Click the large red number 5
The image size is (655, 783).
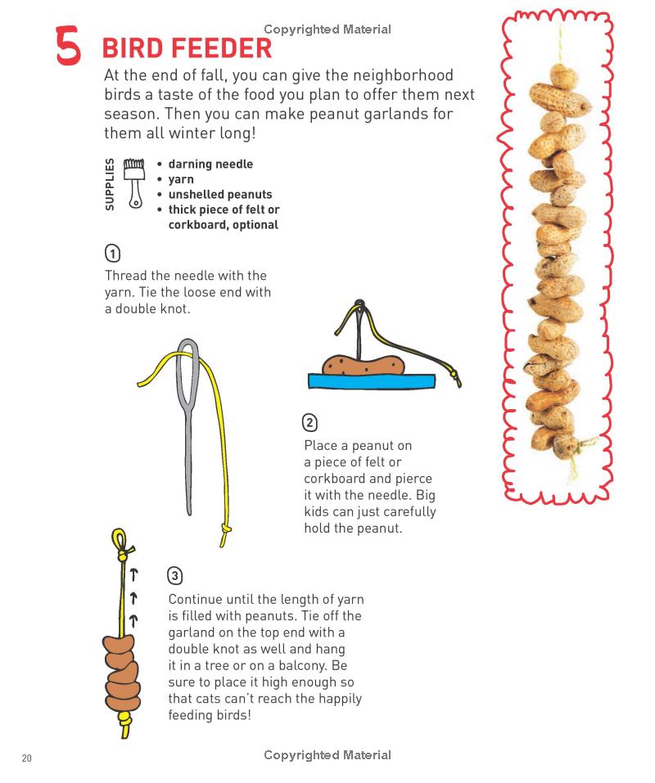[68, 47]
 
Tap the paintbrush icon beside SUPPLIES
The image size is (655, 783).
[134, 182]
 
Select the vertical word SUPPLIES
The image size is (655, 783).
[110, 184]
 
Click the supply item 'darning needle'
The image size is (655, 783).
[210, 164]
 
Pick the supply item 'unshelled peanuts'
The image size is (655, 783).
[220, 194]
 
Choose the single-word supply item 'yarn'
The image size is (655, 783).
[181, 179]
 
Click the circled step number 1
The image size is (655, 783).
[112, 254]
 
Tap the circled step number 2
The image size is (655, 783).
[309, 423]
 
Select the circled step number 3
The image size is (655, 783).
[174, 576]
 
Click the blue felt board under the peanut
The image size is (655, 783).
[372, 381]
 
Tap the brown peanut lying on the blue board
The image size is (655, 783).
[364, 365]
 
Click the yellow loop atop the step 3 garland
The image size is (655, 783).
[120, 539]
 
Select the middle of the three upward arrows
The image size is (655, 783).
[133, 598]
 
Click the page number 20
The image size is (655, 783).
[27, 758]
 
